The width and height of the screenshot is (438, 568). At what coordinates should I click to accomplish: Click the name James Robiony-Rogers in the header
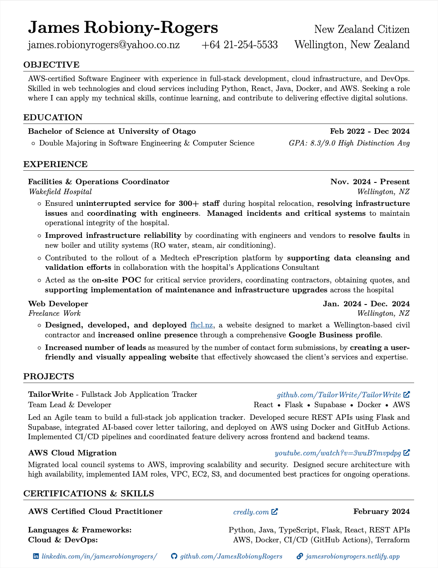click(x=123, y=28)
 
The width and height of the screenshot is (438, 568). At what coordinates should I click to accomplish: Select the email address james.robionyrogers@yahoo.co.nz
click(x=104, y=45)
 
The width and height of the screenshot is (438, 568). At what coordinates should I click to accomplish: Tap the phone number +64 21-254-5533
click(x=239, y=45)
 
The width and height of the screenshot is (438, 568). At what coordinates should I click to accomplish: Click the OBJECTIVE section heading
click(x=51, y=65)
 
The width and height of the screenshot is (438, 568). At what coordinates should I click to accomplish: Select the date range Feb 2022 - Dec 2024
click(x=370, y=132)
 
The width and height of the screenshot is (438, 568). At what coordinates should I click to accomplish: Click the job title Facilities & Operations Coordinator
click(x=99, y=182)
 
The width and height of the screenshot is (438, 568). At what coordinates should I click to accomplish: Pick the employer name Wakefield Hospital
click(x=60, y=192)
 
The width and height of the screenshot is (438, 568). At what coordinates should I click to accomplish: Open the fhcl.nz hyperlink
click(x=202, y=325)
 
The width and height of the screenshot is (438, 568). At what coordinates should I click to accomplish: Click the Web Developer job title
click(x=58, y=304)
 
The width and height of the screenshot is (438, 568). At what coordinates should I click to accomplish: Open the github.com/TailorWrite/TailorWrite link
click(x=339, y=395)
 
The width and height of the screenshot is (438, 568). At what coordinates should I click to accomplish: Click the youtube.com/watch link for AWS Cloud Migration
click(x=338, y=453)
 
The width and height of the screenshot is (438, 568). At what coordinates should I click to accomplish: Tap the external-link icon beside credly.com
click(x=275, y=512)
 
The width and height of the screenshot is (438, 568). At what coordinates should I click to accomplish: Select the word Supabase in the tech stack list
click(x=330, y=405)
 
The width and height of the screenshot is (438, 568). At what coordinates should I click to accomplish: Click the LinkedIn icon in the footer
click(x=36, y=556)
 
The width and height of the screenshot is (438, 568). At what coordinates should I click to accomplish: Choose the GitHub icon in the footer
click(x=174, y=556)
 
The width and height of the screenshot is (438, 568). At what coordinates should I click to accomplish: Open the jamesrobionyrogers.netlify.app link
click(x=352, y=557)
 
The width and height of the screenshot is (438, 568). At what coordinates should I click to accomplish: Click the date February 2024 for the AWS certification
click(x=381, y=512)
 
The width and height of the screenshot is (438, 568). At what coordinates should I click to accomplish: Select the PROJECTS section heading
click(x=49, y=377)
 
